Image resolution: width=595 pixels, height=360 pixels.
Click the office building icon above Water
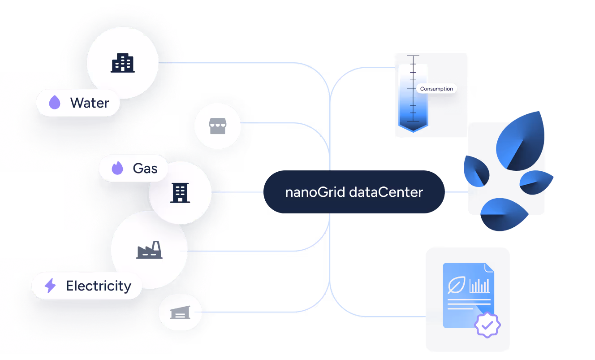122,63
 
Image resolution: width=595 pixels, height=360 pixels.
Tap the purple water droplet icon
55,103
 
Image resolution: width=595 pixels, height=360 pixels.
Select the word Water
90,103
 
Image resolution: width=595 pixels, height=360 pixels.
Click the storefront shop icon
217,127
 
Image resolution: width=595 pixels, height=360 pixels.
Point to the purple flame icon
117,169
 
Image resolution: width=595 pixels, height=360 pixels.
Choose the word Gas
145,169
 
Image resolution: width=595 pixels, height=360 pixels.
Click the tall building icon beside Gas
180,193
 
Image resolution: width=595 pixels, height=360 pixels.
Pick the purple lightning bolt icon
50,286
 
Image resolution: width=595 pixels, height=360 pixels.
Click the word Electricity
99,286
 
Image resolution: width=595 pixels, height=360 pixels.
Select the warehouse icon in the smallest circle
180,312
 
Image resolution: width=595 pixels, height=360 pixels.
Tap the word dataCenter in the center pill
386,192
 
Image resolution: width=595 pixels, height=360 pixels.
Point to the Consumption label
436,89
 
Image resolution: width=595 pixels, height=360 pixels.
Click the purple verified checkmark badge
487,325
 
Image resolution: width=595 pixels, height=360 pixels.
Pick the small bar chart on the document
479,286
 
